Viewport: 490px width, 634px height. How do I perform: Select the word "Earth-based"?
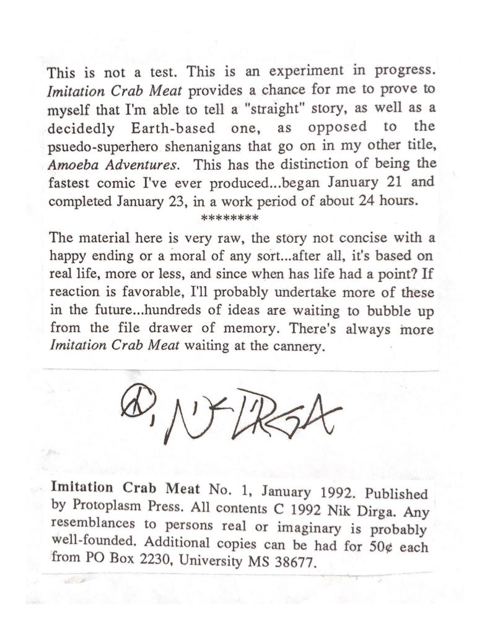pos(165,128)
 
